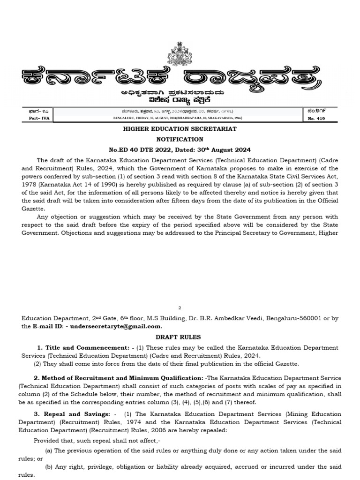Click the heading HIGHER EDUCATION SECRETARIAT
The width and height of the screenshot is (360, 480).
coord(180,128)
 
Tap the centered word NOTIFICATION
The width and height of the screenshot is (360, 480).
coord(180,139)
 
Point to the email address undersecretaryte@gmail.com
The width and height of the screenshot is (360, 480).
coord(115,326)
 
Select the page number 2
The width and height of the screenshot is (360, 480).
coord(180,307)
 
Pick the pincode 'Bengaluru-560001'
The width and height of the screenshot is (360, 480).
coord(293,318)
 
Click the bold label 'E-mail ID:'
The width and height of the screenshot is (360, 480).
coord(48,326)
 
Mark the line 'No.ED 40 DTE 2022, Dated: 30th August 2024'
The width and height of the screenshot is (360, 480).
coord(180,150)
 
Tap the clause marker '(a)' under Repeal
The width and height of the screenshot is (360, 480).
coord(49,450)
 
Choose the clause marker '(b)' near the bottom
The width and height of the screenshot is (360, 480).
coord(49,467)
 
